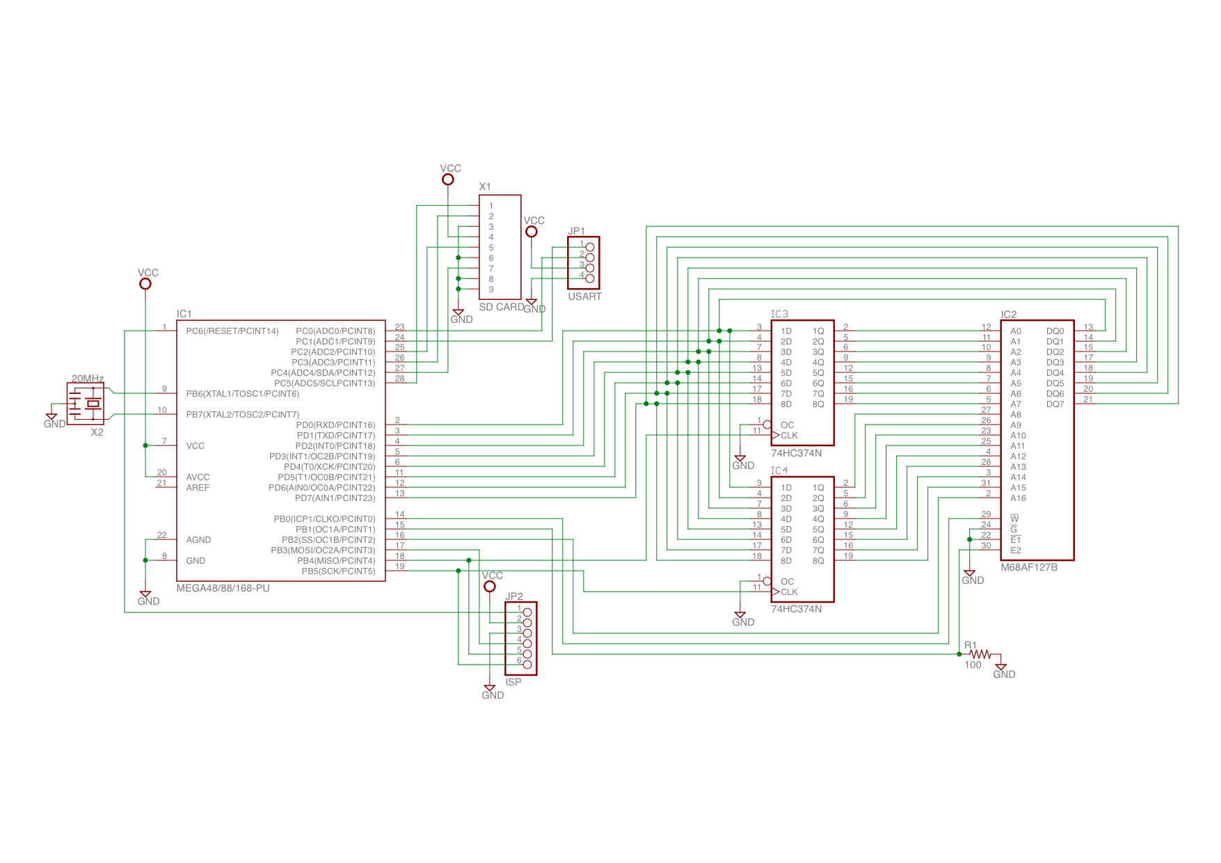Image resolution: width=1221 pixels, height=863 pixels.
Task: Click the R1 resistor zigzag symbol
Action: [x=980, y=654]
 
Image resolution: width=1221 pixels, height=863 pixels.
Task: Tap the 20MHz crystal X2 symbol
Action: [x=86, y=404]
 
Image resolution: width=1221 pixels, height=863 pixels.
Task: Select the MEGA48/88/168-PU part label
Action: [x=223, y=588]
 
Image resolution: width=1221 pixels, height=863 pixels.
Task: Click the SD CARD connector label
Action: [x=502, y=307]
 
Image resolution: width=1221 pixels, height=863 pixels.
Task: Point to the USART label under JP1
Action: [x=584, y=296]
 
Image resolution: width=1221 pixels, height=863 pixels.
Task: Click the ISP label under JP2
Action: [x=513, y=682]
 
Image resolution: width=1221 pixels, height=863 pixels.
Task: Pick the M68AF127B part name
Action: [x=1029, y=567]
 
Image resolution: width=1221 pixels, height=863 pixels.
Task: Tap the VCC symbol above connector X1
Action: [x=448, y=180]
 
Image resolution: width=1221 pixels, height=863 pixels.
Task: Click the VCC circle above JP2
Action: [x=490, y=587]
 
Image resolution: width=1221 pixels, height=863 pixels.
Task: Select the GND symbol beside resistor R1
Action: [x=1001, y=667]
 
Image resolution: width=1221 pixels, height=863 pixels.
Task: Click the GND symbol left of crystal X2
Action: [x=51, y=417]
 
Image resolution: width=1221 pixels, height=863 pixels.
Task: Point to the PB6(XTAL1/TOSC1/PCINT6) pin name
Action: [x=243, y=394]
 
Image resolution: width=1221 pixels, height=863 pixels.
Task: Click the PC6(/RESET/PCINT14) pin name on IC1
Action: [x=232, y=331]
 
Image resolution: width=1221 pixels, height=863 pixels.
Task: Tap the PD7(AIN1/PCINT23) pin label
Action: [x=335, y=498]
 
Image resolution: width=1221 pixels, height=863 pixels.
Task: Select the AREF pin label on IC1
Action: [x=198, y=488]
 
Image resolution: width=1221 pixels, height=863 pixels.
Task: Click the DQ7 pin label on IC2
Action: [x=1055, y=404]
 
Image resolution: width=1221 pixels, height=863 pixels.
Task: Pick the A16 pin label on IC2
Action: [x=1018, y=498]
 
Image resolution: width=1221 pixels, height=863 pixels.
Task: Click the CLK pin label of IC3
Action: [x=789, y=436]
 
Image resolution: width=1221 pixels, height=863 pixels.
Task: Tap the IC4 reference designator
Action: [x=779, y=471]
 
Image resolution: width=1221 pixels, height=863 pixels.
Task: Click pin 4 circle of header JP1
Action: [x=590, y=278]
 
